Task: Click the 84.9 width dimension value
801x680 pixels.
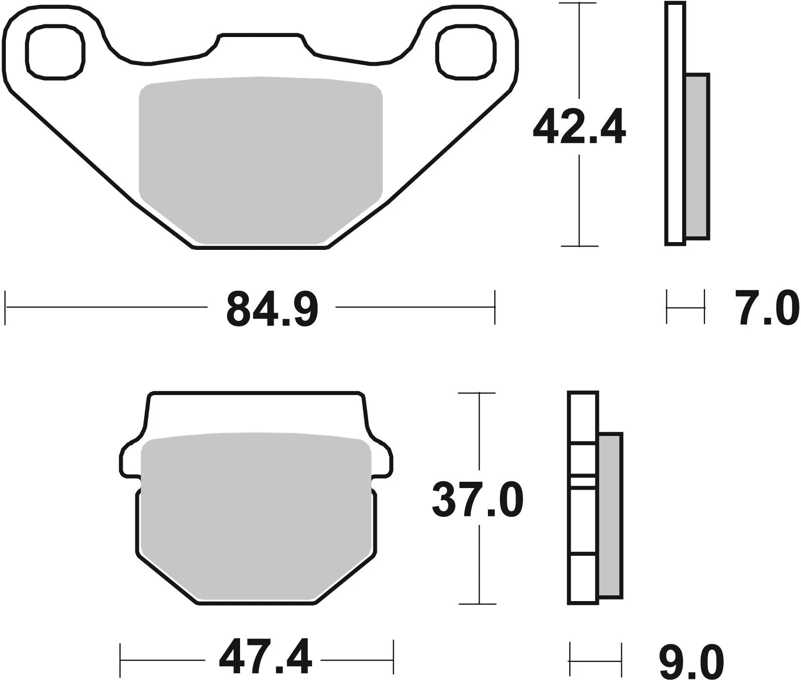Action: tap(272, 309)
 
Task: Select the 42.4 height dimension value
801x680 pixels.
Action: tap(579, 127)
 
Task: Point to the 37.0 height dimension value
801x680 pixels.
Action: tap(477, 499)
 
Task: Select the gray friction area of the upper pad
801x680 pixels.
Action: tap(261, 161)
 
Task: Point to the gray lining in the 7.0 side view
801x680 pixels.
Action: tap(697, 156)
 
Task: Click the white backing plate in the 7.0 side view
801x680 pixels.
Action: tap(675, 122)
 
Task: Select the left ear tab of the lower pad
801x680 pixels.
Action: tap(129, 458)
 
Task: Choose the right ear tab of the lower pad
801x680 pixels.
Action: tap(382, 458)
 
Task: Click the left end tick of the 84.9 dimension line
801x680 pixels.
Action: tap(6, 307)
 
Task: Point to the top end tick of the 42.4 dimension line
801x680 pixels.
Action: tap(578, 3)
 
